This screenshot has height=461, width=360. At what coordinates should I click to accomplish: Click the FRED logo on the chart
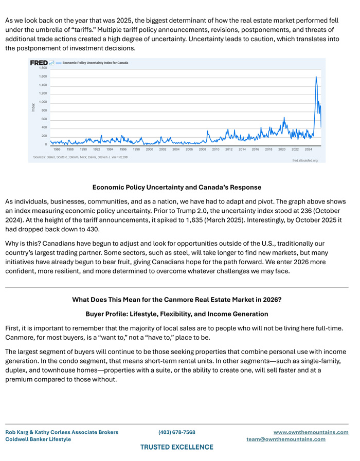39,63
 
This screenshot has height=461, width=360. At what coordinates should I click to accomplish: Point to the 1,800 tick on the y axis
43,68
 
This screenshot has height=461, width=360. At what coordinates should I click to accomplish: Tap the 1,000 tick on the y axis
43,102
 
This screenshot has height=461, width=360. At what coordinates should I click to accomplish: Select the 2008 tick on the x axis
203,149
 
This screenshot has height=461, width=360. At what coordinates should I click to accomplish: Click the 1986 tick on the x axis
57,149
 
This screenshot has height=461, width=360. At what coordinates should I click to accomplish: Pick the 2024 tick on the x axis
308,149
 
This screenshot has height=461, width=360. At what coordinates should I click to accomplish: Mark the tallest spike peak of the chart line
316,77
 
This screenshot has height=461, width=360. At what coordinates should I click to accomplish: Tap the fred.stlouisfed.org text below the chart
305,160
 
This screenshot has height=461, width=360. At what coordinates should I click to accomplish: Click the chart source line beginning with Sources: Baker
80,157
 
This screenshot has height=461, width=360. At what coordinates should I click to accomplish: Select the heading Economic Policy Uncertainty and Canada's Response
176,187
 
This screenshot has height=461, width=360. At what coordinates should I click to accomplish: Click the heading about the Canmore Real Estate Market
176,300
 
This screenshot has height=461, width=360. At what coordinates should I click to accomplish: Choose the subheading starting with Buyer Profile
176,314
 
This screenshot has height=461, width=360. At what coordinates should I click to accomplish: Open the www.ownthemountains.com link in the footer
311,432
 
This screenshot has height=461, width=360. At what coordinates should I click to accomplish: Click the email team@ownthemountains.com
286,439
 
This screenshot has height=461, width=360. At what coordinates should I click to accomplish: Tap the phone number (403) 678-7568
176,432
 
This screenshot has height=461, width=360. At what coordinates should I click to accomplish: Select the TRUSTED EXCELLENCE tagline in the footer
176,447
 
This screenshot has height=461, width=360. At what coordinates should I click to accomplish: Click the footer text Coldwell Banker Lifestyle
38,439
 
